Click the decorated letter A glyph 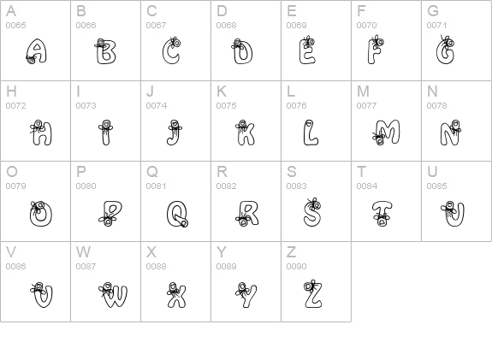coord(37,52)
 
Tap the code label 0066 coord(86,26)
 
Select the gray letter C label coord(151,11)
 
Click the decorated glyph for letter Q coord(178,214)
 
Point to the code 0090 coord(297,267)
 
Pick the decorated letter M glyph coord(386,133)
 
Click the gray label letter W coord(84,252)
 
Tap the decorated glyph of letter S coord(312,212)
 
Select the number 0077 coord(367,106)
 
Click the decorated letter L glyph coord(311,133)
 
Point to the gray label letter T coord(361,172)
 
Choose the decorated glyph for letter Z coord(313,294)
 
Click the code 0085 coord(436,186)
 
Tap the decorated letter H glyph coord(41,133)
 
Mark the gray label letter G coord(433,11)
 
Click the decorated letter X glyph coord(176,295)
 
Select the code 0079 coord(16,186)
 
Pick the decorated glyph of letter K coord(245,133)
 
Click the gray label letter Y coord(222,252)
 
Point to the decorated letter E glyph coord(307,50)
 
